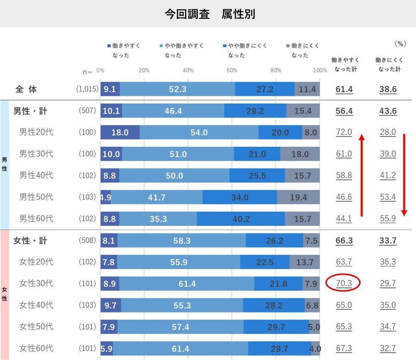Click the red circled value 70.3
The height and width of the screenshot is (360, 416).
pyautogui.click(x=344, y=283)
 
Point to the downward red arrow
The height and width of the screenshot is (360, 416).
pyautogui.click(x=404, y=175)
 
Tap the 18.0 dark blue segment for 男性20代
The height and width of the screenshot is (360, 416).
pyautogui.click(x=120, y=132)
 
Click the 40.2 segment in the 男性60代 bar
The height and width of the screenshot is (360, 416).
pyautogui.click(x=241, y=219)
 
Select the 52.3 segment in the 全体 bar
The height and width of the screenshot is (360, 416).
pyautogui.click(x=178, y=89)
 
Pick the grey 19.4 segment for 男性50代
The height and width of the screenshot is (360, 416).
pyautogui.click(x=298, y=197)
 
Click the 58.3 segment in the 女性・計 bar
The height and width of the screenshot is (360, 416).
pyautogui.click(x=182, y=241)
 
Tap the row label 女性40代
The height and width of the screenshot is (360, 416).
pyautogui.click(x=36, y=305)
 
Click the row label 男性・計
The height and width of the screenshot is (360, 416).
pyautogui.click(x=30, y=111)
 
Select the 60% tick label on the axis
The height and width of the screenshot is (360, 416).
pyautogui.click(x=232, y=70)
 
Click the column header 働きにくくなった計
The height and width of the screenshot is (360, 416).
pyautogui.click(x=388, y=65)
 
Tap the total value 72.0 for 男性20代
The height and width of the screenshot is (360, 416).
pyautogui.click(x=344, y=132)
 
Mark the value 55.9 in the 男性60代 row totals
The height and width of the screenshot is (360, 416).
pyautogui.click(x=388, y=219)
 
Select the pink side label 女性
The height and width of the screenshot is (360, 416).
pyautogui.click(x=4, y=294)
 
